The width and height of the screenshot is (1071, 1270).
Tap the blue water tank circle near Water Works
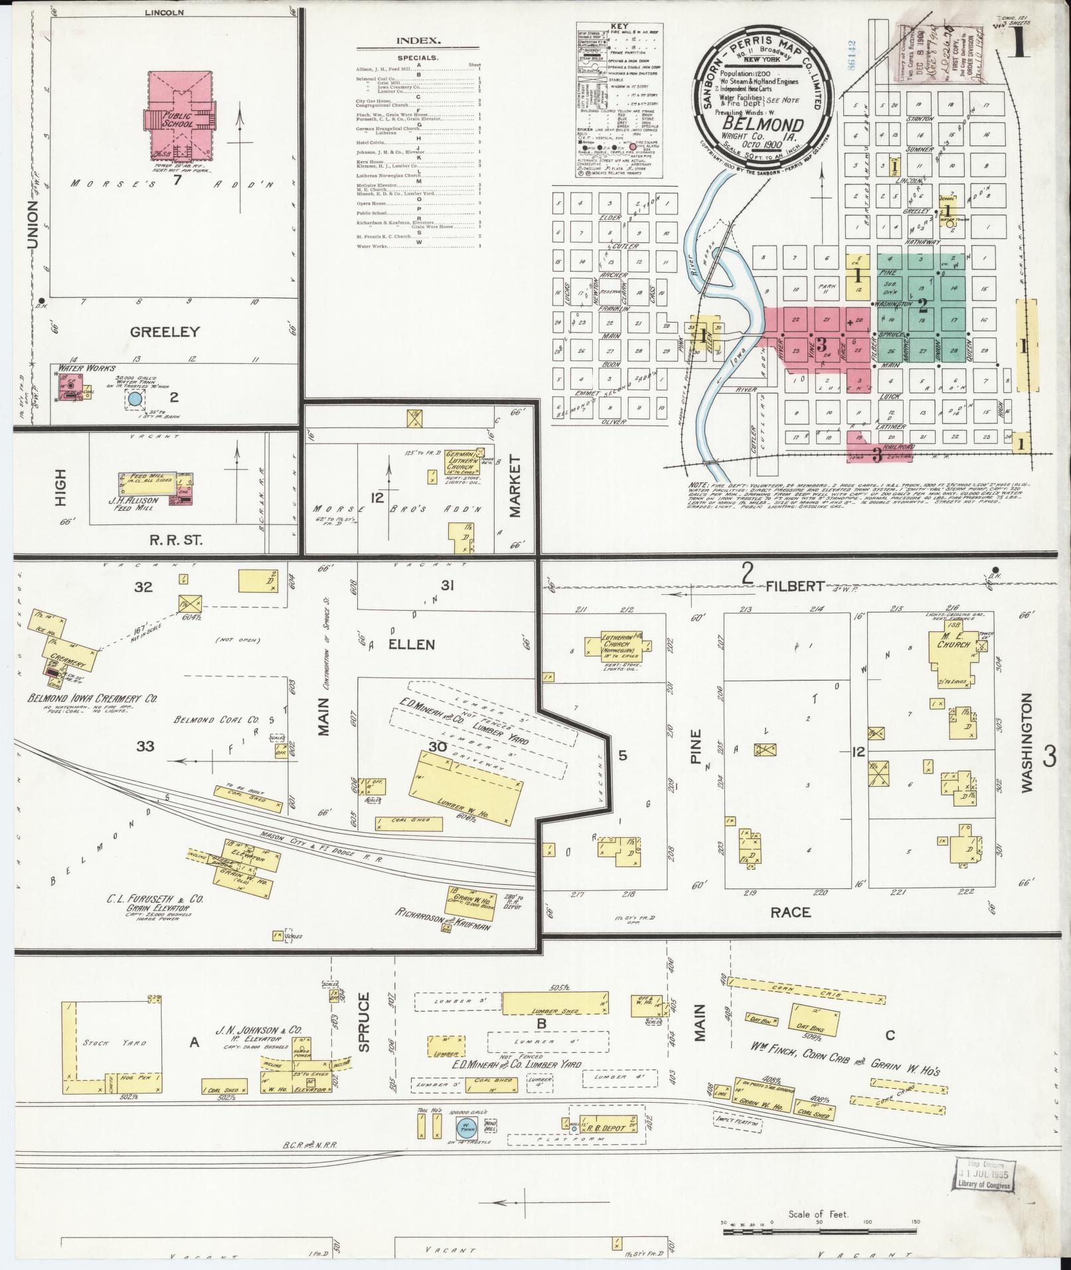tap(135, 399)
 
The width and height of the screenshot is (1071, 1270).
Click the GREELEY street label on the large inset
tap(165, 331)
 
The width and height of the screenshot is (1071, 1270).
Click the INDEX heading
tap(418, 40)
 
